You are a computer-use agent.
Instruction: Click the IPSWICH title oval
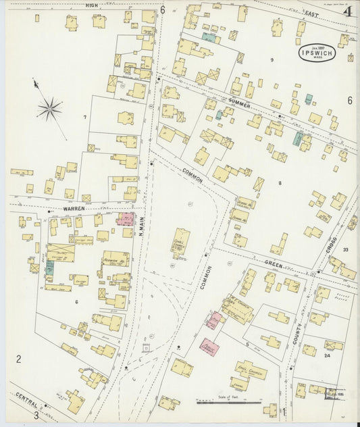click(x=319, y=53)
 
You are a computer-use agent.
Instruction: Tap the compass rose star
click(x=49, y=107)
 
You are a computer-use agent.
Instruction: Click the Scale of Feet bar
click(x=228, y=402)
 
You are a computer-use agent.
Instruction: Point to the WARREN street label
click(x=74, y=209)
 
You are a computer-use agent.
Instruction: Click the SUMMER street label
click(x=239, y=101)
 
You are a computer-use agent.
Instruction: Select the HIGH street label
click(x=92, y=5)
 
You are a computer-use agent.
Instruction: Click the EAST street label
click(x=311, y=14)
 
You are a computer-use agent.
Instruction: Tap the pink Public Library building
click(x=209, y=347)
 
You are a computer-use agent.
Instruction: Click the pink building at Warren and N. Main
click(x=125, y=219)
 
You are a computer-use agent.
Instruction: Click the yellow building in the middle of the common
click(x=180, y=244)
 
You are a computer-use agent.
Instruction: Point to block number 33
click(x=345, y=250)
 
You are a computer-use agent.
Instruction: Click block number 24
click(x=327, y=355)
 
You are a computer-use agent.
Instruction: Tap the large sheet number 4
click(x=347, y=11)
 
